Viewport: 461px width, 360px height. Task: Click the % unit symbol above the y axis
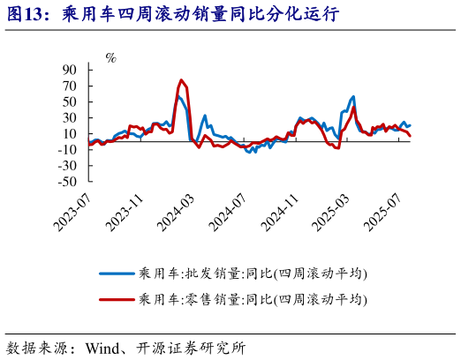coord(110,58)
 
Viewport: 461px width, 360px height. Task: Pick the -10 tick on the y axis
coord(68,150)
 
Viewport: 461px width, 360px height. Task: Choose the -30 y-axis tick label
coord(68,166)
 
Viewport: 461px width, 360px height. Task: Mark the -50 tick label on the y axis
coord(68,182)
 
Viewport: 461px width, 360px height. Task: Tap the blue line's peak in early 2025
coord(353,96)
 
